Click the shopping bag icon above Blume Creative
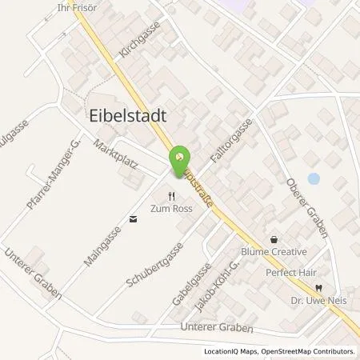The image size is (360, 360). click(x=274, y=239)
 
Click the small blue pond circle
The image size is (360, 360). click(x=313, y=178)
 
